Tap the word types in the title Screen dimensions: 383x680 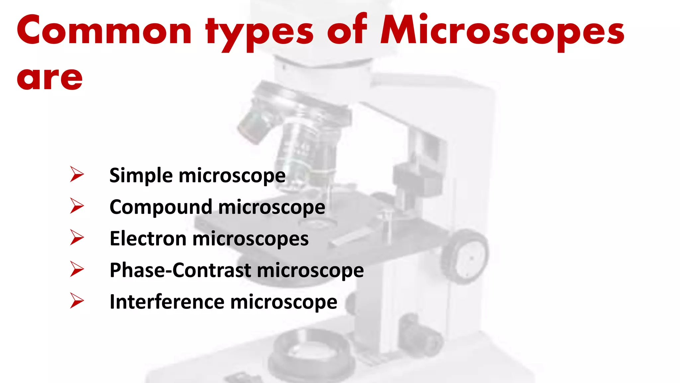point(259,33)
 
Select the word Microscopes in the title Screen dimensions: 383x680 point(502,32)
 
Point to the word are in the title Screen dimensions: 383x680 point(50,78)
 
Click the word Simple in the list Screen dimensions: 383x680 point(141,176)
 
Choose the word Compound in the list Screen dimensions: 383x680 point(161,207)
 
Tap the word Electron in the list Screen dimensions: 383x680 point(148,239)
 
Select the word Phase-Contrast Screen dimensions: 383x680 point(180,270)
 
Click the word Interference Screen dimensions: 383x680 point(167,302)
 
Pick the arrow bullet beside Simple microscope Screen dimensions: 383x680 point(77,174)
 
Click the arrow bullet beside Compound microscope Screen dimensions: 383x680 point(77,206)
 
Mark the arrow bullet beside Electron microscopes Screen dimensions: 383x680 point(77,237)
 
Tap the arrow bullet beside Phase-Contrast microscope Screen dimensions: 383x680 point(77,269)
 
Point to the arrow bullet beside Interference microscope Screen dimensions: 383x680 point(77,301)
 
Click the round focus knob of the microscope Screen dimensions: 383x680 point(465,257)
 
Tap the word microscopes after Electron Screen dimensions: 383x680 point(250,239)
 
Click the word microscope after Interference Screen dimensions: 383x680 point(284,302)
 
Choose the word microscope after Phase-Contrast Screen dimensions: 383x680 point(310,270)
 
